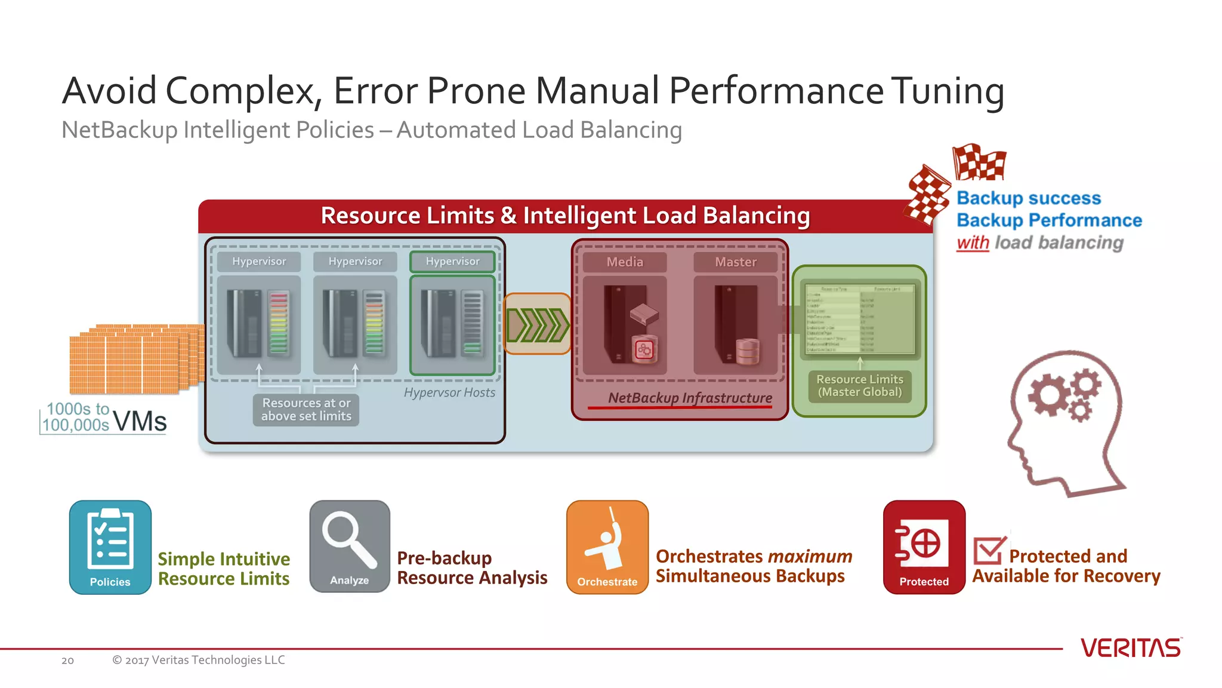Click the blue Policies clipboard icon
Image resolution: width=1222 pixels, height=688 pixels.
[110, 546]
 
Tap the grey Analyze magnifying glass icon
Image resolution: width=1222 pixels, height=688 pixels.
[350, 545]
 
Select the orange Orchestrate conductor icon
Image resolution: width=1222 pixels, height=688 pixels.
[607, 546]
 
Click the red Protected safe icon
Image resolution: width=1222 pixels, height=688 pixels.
[924, 546]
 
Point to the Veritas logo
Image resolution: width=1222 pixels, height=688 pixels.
[1130, 648]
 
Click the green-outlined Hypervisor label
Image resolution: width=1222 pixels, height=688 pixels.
[452, 262]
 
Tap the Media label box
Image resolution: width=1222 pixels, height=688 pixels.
[625, 262]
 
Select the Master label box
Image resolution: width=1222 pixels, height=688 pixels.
[735, 262]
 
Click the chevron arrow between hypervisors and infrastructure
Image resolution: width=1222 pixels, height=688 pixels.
[538, 324]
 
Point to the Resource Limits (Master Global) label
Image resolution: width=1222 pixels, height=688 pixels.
[859, 386]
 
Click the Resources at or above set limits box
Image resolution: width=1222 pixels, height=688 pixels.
[306, 410]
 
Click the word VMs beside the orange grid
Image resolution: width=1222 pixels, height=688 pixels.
[140, 422]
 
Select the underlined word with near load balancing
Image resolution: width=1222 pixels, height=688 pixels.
[972, 243]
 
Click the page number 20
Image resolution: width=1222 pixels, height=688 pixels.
[67, 661]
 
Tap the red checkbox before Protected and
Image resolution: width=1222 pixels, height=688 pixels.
[988, 550]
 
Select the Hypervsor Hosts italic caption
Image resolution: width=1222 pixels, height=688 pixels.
[449, 392]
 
